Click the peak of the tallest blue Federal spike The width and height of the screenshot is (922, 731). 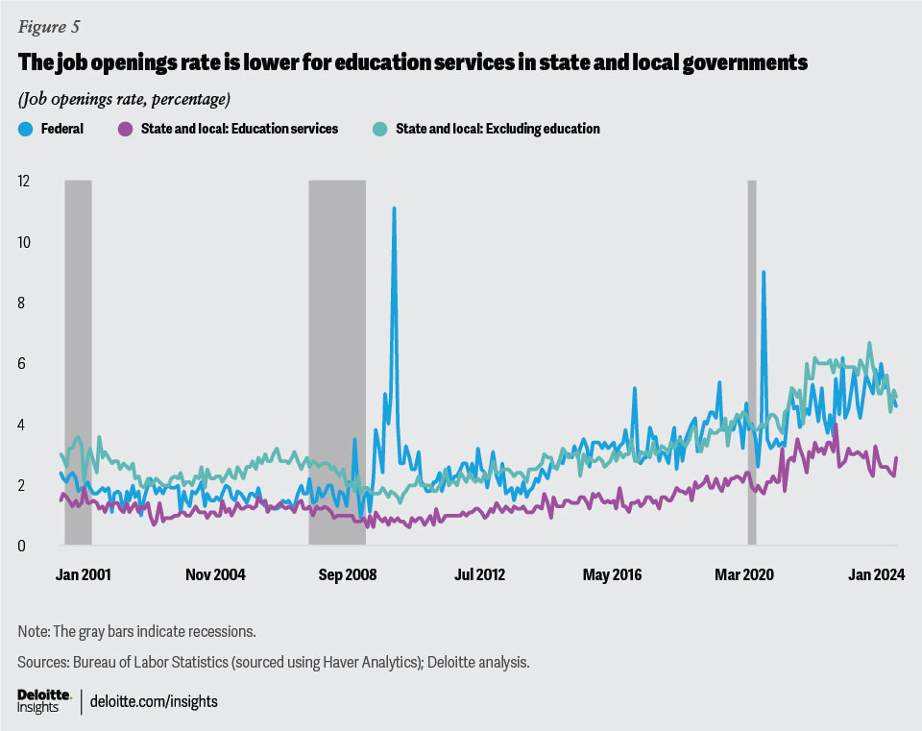394,207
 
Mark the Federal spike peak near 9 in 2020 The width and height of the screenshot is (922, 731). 764,273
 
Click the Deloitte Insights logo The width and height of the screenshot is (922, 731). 44,700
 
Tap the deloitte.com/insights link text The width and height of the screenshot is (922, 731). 154,701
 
